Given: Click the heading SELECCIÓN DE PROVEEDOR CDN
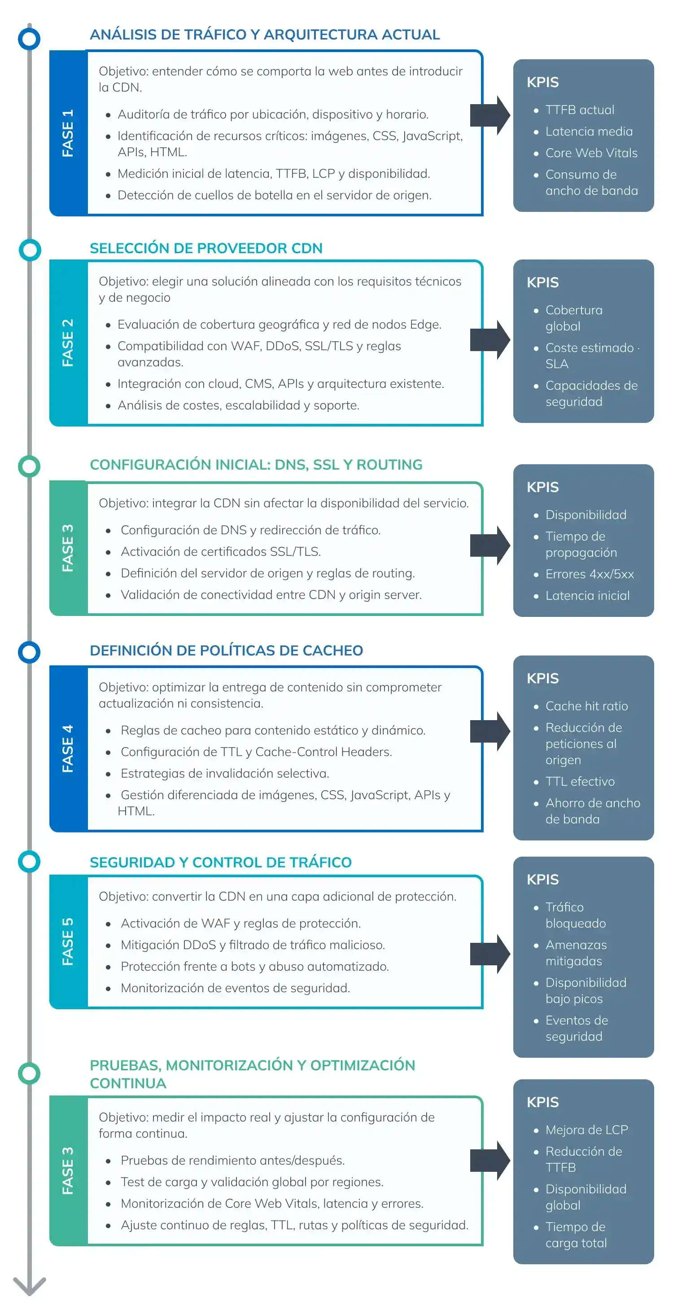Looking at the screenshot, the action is click(206, 248).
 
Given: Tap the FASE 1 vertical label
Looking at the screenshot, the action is click(68, 133).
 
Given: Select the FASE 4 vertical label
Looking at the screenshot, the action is click(68, 748).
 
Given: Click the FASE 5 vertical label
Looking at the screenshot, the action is click(68, 941).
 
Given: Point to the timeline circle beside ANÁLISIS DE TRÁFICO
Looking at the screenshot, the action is click(29, 39).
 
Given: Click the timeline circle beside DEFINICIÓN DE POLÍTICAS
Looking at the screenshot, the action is click(29, 652).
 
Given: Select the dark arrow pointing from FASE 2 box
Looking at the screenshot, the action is click(490, 340).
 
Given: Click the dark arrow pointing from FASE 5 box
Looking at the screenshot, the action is click(490, 954).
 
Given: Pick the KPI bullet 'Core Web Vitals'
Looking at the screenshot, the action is click(591, 153).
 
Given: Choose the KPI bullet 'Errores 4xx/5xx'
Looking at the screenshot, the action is click(590, 574).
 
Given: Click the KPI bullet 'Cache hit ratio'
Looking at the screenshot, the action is click(586, 706).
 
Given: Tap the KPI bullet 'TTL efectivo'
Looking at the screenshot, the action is click(580, 781).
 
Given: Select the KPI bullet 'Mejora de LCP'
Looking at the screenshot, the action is click(586, 1130).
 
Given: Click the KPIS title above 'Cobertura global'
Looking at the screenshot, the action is click(542, 282).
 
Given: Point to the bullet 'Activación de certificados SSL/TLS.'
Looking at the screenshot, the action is click(221, 551).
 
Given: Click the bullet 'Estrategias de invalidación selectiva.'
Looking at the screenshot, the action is click(225, 773).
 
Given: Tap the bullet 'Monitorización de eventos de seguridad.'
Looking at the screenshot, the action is click(236, 988).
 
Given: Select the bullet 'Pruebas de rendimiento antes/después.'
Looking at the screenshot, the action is click(233, 1161).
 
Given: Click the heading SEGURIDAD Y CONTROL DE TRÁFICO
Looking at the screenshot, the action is click(221, 862).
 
